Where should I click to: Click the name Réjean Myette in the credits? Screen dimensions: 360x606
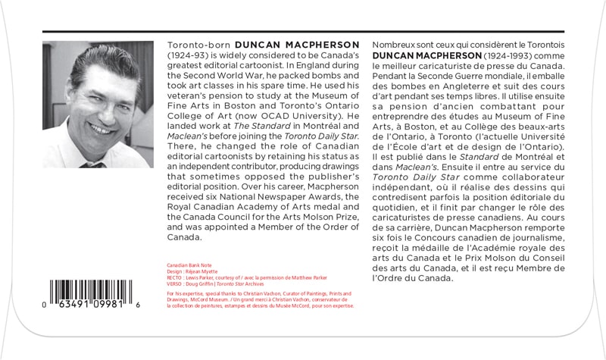(199, 271)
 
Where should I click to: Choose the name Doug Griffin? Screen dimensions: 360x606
(197, 284)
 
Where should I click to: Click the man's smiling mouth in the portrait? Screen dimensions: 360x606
(99, 126)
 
